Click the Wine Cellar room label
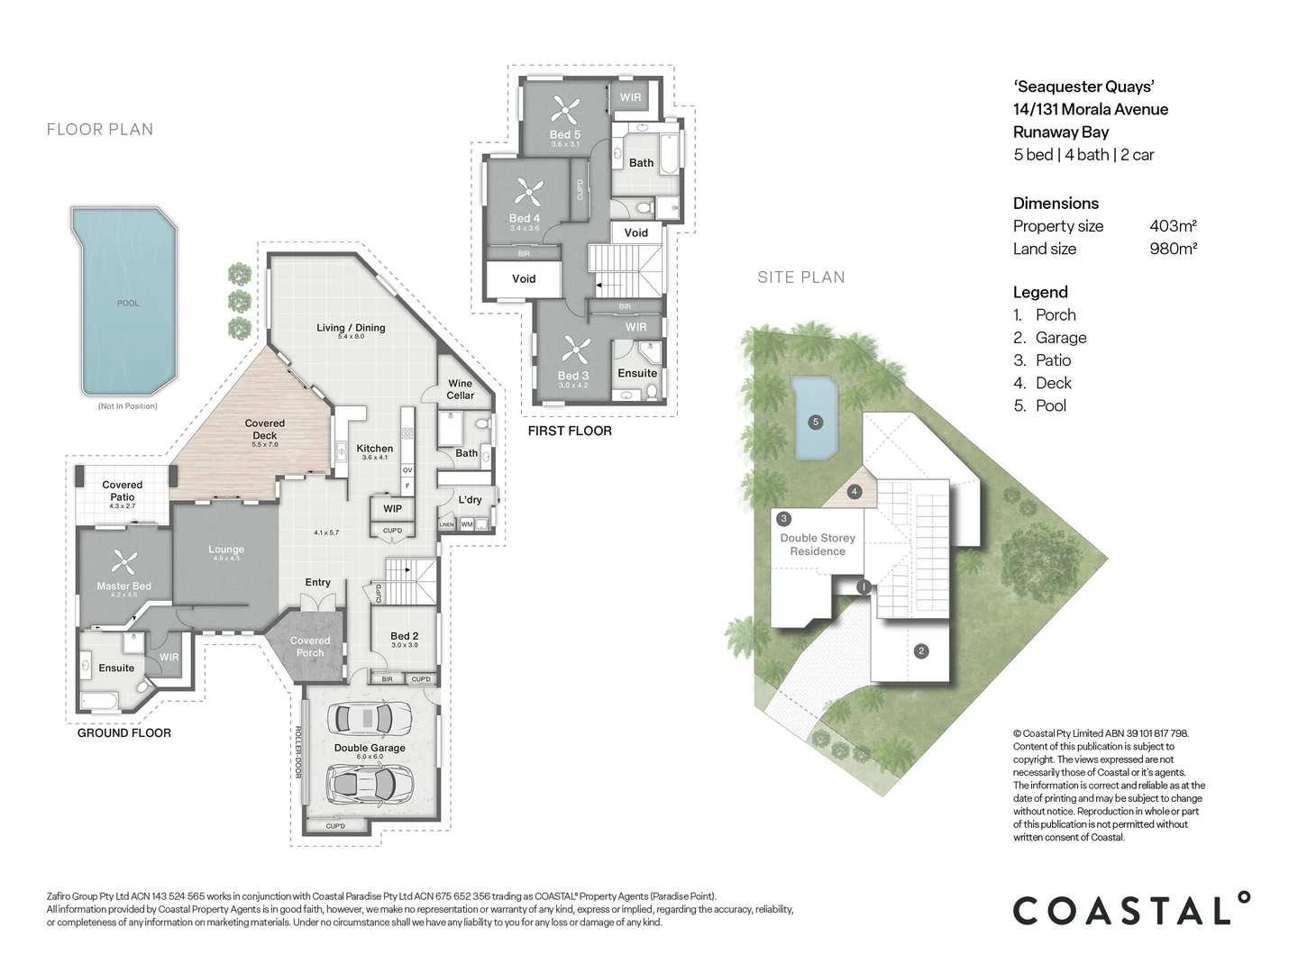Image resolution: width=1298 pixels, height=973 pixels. click(460, 389)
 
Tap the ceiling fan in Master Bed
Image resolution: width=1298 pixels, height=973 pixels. click(123, 564)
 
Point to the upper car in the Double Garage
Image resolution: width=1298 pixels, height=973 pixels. click(368, 718)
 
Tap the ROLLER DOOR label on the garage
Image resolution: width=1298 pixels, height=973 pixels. click(297, 752)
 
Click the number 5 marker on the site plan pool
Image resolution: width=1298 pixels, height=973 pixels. click(815, 422)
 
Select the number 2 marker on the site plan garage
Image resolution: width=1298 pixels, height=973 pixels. click(920, 651)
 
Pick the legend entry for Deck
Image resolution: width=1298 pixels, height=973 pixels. click(1053, 383)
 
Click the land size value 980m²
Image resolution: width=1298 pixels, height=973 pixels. click(1173, 249)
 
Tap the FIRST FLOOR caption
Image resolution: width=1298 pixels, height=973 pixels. click(570, 432)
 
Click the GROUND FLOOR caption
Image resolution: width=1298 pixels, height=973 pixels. click(124, 733)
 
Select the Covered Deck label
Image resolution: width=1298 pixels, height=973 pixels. click(265, 429)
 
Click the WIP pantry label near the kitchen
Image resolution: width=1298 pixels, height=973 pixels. click(392, 509)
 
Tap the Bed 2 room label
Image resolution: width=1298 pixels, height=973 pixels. click(404, 636)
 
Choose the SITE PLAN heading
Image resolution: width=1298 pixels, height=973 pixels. click(801, 277)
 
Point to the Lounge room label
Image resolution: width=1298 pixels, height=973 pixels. click(226, 550)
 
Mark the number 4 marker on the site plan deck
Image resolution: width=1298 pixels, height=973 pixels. click(855, 492)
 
